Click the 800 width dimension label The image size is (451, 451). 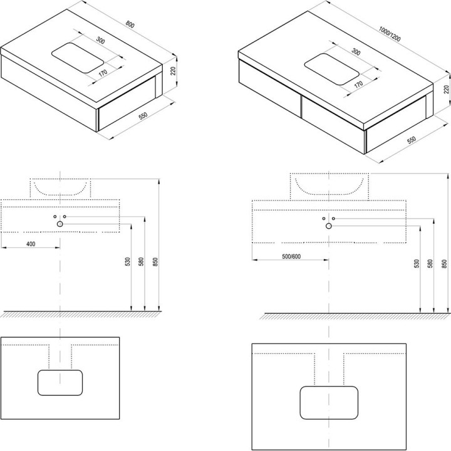(130, 24)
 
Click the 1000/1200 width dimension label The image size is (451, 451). (390, 34)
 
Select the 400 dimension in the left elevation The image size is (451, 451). (31, 244)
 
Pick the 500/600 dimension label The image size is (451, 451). (291, 257)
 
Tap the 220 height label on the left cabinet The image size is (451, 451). (173, 71)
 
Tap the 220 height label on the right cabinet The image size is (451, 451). (446, 90)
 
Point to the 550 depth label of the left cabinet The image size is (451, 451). (143, 116)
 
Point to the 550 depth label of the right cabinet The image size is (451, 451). (412, 140)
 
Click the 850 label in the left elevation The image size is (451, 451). (155, 261)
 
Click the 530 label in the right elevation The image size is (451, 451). (417, 264)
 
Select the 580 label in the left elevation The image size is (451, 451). (141, 261)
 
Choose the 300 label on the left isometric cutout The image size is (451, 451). (100, 40)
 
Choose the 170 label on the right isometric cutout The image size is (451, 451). (358, 85)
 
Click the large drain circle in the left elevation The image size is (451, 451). (60, 224)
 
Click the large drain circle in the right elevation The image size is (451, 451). (329, 226)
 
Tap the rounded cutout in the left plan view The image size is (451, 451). (60, 383)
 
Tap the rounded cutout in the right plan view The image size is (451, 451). (329, 403)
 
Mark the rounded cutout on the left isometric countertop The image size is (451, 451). (78, 58)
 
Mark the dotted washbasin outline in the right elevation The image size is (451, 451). (329, 187)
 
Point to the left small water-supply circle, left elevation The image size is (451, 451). (55, 216)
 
